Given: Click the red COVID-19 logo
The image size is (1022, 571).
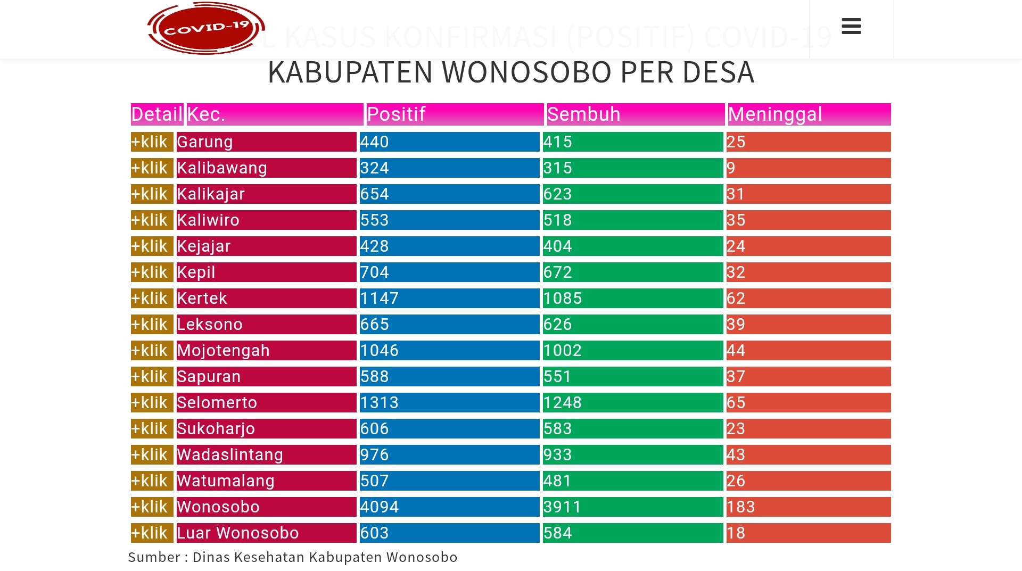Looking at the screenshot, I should (x=206, y=28).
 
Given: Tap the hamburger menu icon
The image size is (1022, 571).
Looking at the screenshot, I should (x=851, y=26).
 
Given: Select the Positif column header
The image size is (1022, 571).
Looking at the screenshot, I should (x=396, y=114).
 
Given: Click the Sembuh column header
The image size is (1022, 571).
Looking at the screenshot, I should (x=583, y=114).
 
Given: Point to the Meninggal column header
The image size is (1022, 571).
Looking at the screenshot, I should (x=775, y=114).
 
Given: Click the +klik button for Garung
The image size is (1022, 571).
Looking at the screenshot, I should (x=152, y=142).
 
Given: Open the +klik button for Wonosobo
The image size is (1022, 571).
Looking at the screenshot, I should (x=152, y=507).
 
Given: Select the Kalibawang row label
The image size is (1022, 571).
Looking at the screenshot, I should (x=222, y=168).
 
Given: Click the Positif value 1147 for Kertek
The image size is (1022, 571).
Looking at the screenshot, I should (x=379, y=299).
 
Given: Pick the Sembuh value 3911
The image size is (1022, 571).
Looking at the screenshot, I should (x=562, y=507).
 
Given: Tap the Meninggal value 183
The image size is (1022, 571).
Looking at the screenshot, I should (x=740, y=507).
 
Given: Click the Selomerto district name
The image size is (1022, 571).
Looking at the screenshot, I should (x=217, y=403).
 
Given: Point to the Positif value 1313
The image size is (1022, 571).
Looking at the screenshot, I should (x=379, y=403).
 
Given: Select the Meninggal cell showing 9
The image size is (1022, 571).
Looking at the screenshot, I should (x=731, y=168).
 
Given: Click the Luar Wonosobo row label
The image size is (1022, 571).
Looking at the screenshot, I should (x=237, y=533).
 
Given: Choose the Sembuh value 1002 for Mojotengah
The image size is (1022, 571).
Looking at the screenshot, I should (x=562, y=351).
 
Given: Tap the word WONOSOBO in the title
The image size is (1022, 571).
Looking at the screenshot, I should (x=527, y=72).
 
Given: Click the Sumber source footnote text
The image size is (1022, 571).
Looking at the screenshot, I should (x=292, y=557).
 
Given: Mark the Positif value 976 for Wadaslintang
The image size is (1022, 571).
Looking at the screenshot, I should (x=374, y=455).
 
